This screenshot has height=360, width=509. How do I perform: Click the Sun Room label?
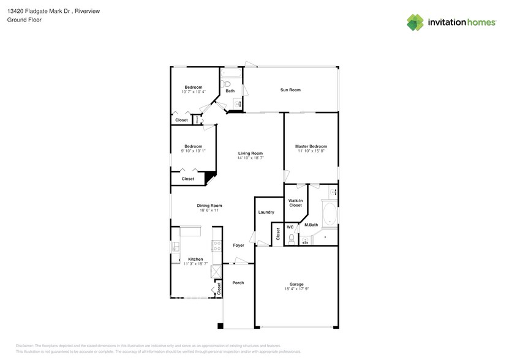pos(290,90)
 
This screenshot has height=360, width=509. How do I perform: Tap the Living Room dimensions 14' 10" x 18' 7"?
pos(250,158)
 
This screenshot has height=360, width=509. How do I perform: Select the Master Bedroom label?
pos(311,146)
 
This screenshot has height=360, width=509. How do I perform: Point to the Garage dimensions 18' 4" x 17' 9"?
pos(296,288)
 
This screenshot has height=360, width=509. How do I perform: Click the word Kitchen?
pos(195,259)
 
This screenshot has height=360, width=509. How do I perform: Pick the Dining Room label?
pos(209,206)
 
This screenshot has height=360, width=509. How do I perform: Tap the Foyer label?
pos(238,246)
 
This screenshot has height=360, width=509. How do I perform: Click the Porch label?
pos(238,283)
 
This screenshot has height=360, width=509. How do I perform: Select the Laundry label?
pos(266,212)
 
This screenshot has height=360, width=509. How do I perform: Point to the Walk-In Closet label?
pos(295,203)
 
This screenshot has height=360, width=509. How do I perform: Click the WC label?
pos(290,227)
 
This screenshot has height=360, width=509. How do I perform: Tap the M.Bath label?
pos(311,225)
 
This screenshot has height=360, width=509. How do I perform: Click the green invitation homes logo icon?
pos(416,22)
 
